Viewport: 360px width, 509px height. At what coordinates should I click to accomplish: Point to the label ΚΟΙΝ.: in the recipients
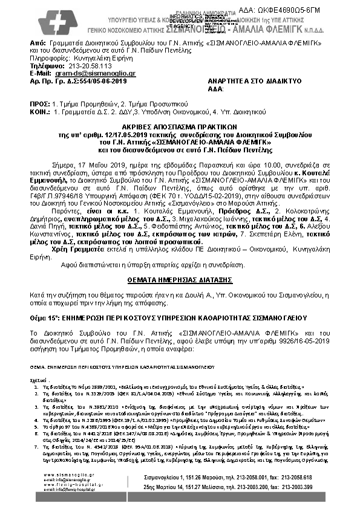pos(40,111)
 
